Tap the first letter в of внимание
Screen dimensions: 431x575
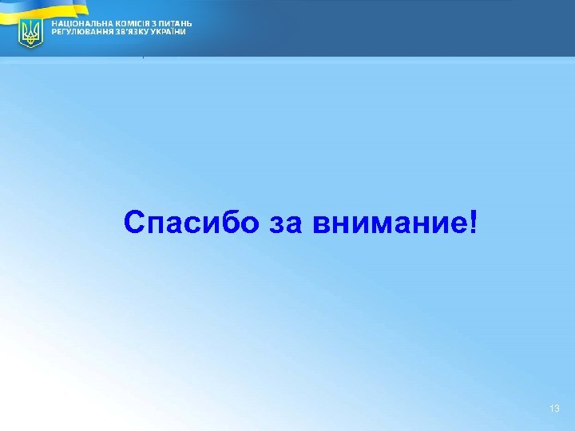coord(321,223)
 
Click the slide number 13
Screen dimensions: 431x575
coord(555,409)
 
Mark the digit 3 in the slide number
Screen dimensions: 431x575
coord(557,409)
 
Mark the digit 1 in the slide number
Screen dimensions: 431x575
coord(552,409)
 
